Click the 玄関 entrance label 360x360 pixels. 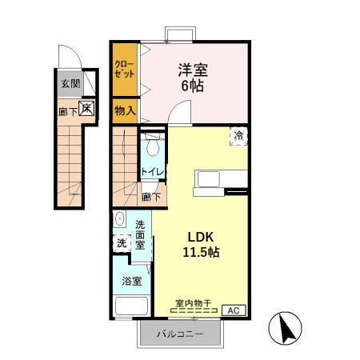70,82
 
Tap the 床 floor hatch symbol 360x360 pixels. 85,108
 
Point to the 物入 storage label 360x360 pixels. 124,110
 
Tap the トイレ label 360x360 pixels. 153,172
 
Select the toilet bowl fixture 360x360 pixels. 153,149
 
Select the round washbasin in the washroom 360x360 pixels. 120,218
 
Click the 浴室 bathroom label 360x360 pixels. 131,281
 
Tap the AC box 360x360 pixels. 234,310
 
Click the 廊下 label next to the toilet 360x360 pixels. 150,196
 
